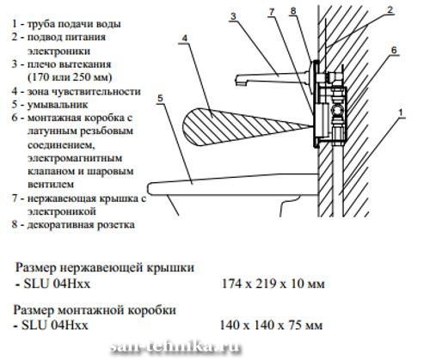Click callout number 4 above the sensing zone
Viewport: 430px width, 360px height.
click(184, 38)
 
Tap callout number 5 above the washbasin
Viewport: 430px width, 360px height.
click(160, 98)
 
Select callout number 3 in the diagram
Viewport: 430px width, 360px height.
click(233, 16)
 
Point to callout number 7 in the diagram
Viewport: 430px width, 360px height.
click(272, 12)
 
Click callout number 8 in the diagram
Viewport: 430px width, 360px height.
click(292, 11)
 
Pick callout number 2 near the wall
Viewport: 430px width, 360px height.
click(390, 10)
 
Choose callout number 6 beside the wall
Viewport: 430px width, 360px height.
click(394, 51)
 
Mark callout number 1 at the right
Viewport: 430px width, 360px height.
click(402, 113)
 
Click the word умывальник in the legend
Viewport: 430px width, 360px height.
click(58, 105)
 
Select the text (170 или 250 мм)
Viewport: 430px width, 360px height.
click(71, 77)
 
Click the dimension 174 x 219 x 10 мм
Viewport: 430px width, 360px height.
click(273, 284)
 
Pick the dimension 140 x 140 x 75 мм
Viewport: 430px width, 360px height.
click(271, 325)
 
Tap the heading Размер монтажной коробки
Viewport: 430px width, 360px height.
click(95, 310)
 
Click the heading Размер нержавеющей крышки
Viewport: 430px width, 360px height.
click(105, 268)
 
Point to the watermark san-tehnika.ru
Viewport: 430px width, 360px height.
click(175, 347)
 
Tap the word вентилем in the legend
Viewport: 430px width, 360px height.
click(51, 185)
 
